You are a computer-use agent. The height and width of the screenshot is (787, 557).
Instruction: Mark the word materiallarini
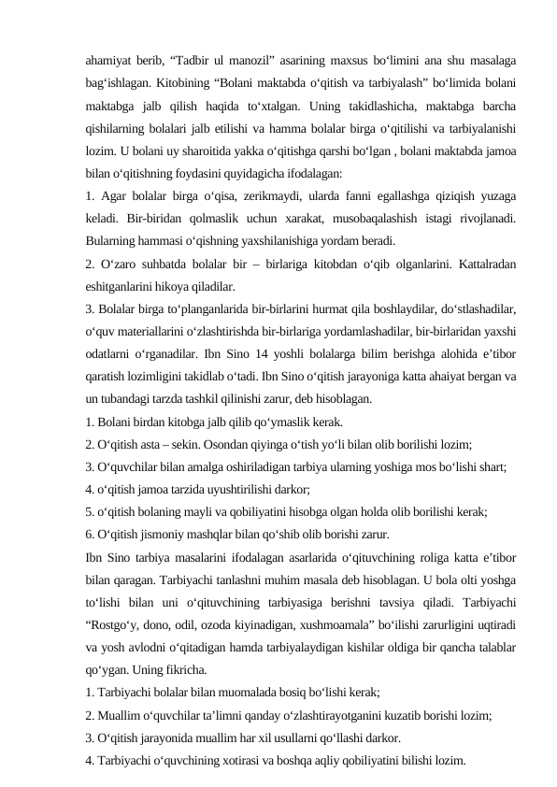tap(150, 331)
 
